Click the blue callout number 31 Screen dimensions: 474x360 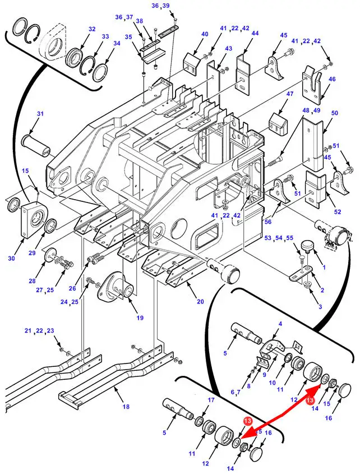click(x=40, y=114)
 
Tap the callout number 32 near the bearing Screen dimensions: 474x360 click(x=92, y=29)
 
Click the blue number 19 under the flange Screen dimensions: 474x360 click(x=140, y=318)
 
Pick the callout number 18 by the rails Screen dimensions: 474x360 click(x=126, y=406)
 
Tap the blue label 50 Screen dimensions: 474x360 click(x=335, y=114)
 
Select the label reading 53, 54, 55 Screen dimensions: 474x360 click(x=279, y=238)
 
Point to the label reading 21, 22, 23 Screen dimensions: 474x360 click(x=39, y=331)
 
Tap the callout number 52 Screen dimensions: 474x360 click(x=337, y=211)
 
